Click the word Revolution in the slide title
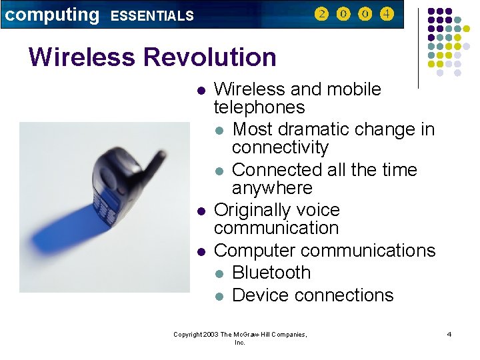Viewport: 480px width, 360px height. (x=209, y=57)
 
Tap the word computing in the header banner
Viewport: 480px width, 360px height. (x=52, y=14)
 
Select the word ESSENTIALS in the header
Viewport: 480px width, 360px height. (x=151, y=16)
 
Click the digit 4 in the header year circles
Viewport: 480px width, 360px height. (x=387, y=14)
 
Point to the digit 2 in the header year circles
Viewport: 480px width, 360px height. (x=321, y=14)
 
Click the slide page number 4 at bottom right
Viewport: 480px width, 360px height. (x=449, y=334)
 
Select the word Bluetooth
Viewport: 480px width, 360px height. (x=271, y=273)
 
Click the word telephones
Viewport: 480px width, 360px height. (x=259, y=107)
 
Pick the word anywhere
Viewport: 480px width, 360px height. (x=272, y=188)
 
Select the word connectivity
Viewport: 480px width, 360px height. (x=280, y=147)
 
